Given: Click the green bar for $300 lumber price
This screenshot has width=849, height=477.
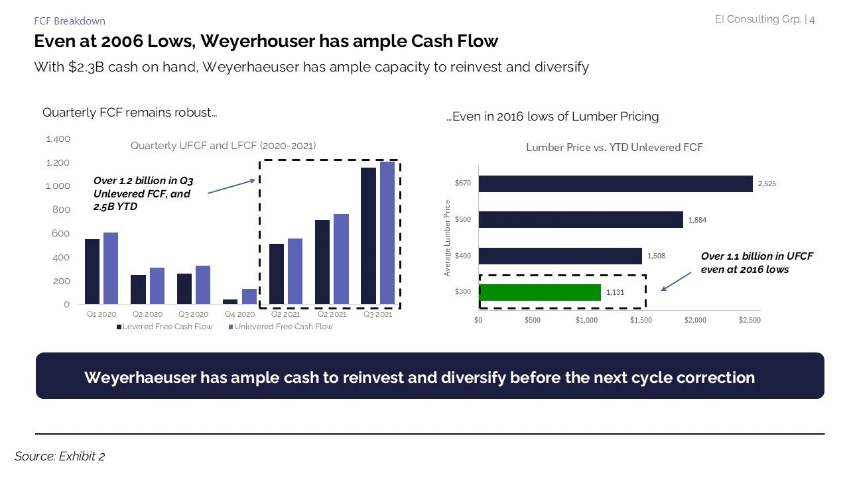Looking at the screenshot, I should point(539,292).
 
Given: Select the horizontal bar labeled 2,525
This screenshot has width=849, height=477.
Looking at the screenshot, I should point(616,184).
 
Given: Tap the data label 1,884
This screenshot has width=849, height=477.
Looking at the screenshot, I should point(697,220).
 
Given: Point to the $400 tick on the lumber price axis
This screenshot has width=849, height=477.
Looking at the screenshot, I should point(463,256).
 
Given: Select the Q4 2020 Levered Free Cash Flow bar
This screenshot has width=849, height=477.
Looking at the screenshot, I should point(230,301).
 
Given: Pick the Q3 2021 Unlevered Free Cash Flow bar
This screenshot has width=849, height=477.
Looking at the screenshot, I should point(387,233).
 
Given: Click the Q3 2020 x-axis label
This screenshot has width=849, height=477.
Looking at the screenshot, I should point(193,315).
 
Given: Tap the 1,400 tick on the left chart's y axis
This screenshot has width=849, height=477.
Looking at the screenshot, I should point(58,139).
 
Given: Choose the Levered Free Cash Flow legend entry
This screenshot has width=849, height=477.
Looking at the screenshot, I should point(165,327).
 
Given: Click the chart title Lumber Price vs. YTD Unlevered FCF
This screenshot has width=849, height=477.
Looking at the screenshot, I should point(614,148).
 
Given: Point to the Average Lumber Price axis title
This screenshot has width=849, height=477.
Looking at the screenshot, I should point(448,238).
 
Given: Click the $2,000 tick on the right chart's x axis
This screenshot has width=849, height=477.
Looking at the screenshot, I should point(695,320).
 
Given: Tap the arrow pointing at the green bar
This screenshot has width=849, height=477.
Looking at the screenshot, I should point(677,282).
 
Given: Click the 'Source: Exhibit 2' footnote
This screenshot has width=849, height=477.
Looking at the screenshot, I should point(60,456).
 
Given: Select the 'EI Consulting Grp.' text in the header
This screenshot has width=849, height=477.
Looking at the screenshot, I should point(757,19).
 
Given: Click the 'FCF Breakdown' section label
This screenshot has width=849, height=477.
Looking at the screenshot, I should point(69,21).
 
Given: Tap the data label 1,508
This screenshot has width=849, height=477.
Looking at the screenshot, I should point(656,256).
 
